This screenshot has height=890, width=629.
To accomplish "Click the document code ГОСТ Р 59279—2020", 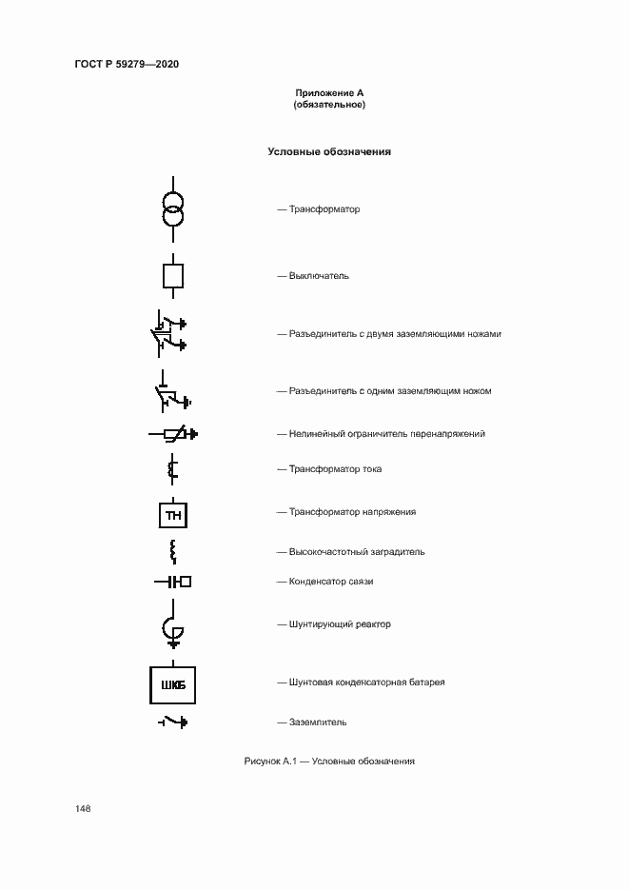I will tap(126, 64).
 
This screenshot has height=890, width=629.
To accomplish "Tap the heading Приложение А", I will tap(329, 93).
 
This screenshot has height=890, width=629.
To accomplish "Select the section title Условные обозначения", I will tap(329, 151).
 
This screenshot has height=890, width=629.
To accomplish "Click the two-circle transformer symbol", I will tap(172, 208).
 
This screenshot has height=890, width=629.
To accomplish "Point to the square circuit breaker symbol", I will tap(172, 276).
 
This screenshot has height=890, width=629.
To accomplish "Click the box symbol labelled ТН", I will tap(172, 515).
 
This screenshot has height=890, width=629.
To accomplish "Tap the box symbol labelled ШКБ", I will tap(172, 683).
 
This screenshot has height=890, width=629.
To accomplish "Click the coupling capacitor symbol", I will tap(173, 581).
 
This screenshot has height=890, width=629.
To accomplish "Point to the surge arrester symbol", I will tap(173, 434).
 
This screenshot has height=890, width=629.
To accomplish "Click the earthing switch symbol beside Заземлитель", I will tap(172, 722).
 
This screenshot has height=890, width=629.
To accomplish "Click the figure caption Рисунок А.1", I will tap(329, 761).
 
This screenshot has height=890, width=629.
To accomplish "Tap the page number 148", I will tap(83, 808).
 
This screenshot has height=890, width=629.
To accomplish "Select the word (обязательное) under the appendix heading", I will tap(329, 105).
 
